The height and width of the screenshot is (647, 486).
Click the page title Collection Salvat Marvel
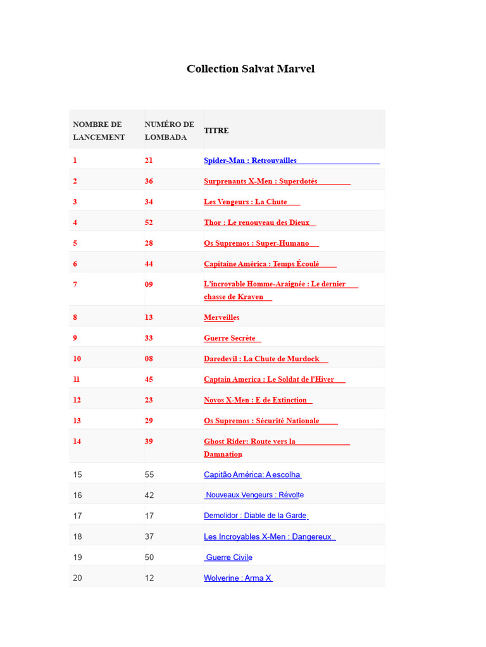pyautogui.click(x=250, y=69)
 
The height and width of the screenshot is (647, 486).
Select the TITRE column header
pyautogui.click(x=216, y=131)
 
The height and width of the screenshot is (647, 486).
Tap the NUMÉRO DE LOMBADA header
pyautogui.click(x=169, y=131)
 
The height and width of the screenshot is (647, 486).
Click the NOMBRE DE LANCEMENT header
pyautogui.click(x=99, y=131)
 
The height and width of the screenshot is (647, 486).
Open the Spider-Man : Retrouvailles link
pyautogui.click(x=250, y=160)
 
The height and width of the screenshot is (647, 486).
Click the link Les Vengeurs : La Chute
pyautogui.click(x=246, y=202)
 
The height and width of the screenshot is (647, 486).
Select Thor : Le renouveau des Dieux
pyautogui.click(x=256, y=222)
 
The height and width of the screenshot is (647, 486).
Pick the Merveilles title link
pyautogui.click(x=221, y=317)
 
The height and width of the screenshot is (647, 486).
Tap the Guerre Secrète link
pyautogui.click(x=229, y=338)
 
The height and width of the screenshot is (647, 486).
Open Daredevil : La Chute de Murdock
pyautogui.click(x=261, y=359)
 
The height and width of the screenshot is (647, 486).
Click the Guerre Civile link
pyautogui.click(x=229, y=557)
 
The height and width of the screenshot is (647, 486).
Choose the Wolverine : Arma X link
pyautogui.click(x=237, y=578)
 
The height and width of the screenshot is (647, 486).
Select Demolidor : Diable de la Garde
pyautogui.click(x=254, y=516)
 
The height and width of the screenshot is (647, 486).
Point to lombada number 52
pyautogui.click(x=149, y=222)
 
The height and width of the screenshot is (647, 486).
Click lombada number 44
pyautogui.click(x=149, y=264)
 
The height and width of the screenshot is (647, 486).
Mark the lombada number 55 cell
pyautogui.click(x=149, y=475)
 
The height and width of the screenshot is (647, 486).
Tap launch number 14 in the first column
pyautogui.click(x=77, y=442)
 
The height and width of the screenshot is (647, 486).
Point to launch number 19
pyautogui.click(x=77, y=557)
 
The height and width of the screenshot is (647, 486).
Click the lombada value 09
pyautogui.click(x=149, y=284)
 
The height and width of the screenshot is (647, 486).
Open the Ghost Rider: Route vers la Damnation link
pyautogui.click(x=249, y=442)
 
